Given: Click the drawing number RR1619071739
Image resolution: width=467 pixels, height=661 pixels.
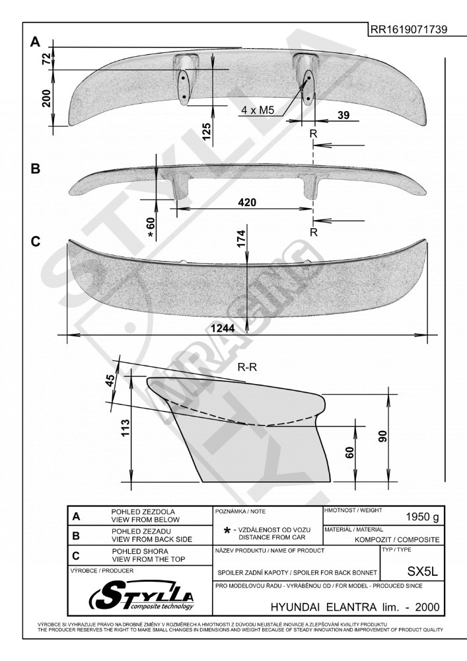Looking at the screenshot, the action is [x=408, y=29].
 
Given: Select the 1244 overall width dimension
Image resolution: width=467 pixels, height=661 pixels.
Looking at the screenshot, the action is [x=223, y=328].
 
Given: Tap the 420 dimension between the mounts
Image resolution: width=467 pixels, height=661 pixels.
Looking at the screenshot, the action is [x=247, y=202].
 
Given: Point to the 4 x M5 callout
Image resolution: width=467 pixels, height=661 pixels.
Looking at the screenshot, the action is [x=258, y=110].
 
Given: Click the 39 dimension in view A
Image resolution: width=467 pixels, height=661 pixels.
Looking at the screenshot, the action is [x=343, y=114].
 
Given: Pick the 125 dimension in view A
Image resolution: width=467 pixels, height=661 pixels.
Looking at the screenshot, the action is [x=206, y=132].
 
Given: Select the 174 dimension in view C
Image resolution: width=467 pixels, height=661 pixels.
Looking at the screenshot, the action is [x=241, y=238].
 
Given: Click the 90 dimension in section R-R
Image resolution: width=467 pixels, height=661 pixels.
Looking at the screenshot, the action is [x=382, y=437].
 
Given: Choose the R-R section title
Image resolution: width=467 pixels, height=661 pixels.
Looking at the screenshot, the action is [x=247, y=367].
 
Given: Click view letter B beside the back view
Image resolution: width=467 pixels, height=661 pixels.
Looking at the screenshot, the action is [x=36, y=169].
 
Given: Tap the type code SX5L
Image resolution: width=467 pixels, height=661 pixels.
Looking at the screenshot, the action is [x=422, y=571].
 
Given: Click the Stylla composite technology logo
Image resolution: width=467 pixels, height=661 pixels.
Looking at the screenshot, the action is [x=141, y=596].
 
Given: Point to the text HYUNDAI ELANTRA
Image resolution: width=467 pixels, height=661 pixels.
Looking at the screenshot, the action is [x=324, y=607].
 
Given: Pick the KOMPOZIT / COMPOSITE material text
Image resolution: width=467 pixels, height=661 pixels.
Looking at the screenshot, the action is [x=397, y=539].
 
